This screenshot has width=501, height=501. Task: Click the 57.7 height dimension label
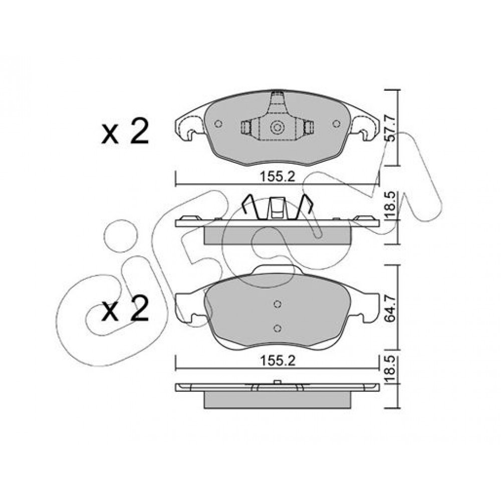coord(391,128)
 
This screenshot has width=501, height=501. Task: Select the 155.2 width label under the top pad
coord(278,177)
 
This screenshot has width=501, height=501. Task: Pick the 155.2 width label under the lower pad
coord(278,361)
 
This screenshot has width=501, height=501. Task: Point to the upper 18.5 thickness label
coord(391,205)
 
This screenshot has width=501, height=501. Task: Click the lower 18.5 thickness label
coord(391,370)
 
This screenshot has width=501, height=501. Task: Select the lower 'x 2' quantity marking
coord(125,308)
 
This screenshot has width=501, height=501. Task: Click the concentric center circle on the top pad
coord(277,127)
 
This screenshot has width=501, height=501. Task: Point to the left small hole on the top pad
coord(218,124)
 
